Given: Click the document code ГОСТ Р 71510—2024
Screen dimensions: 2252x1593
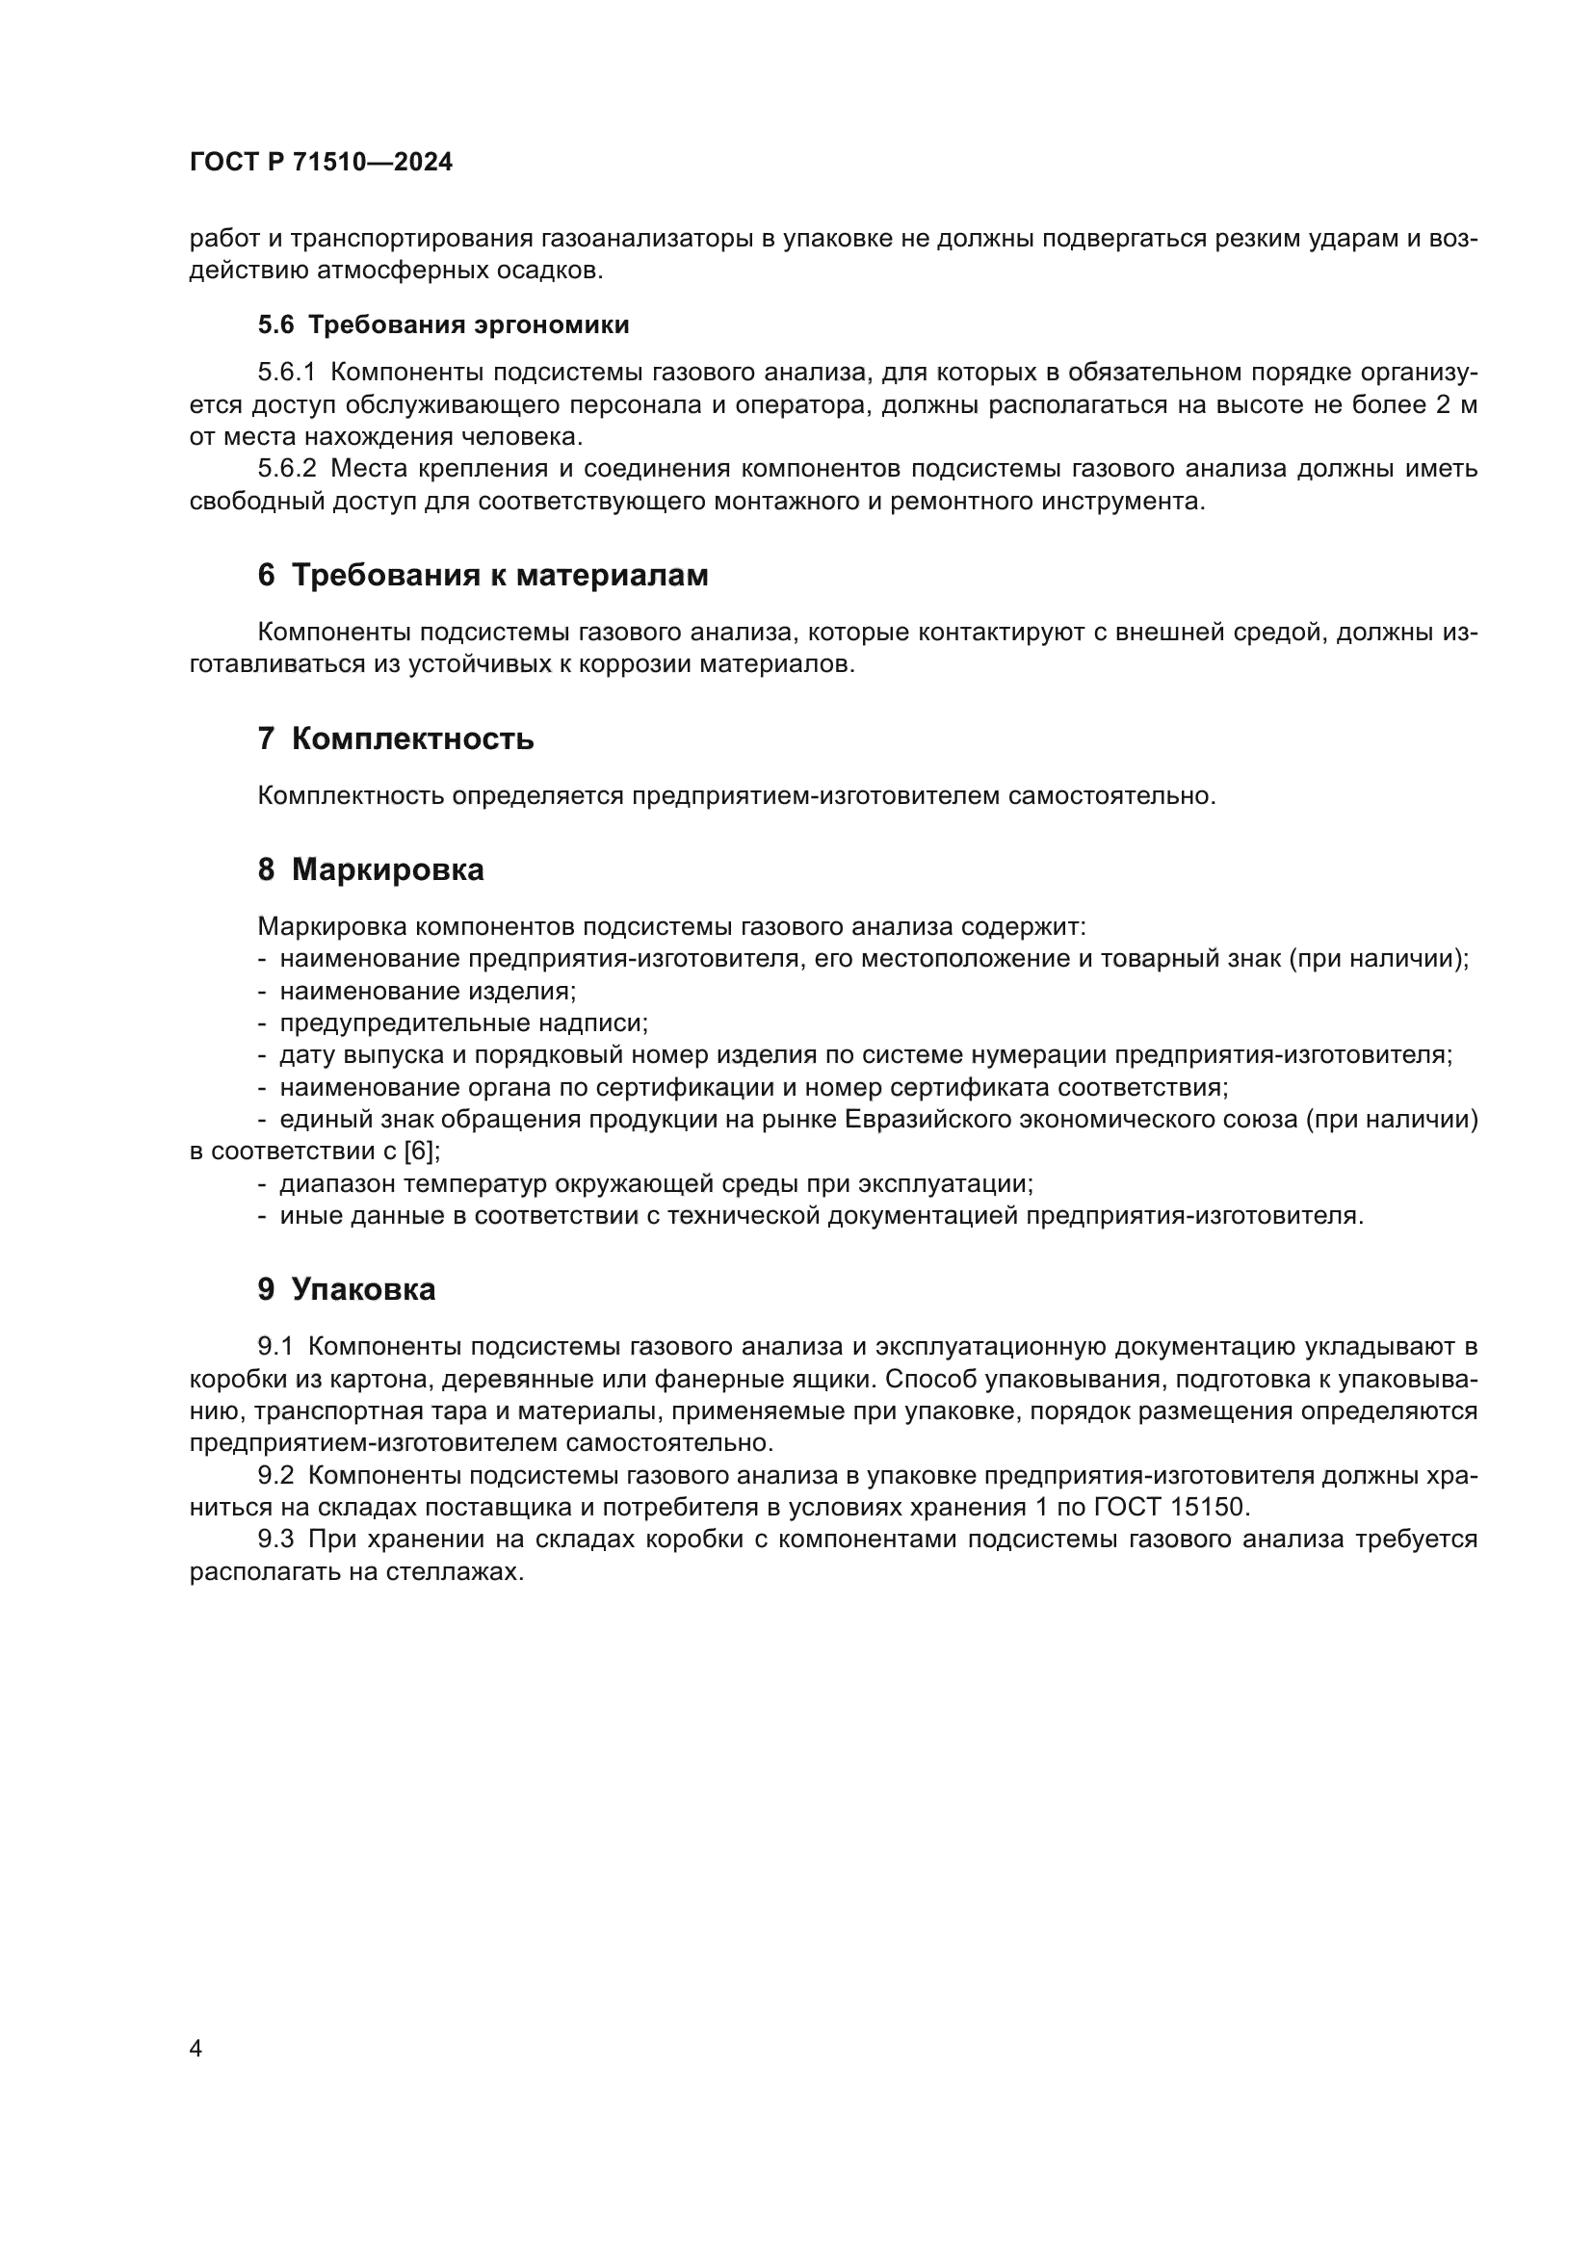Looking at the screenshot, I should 321,163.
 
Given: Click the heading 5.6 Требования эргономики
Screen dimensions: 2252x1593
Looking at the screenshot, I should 443,324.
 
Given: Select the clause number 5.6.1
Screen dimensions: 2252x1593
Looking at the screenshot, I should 286,373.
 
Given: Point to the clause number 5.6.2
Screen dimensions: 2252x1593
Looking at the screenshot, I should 286,469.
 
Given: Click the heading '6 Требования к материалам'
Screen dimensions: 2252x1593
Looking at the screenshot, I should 483,576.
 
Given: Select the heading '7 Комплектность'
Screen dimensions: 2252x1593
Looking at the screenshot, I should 395,738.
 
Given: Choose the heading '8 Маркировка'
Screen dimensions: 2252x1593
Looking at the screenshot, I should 371,870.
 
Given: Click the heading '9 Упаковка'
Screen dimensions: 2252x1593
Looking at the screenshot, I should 347,1290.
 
